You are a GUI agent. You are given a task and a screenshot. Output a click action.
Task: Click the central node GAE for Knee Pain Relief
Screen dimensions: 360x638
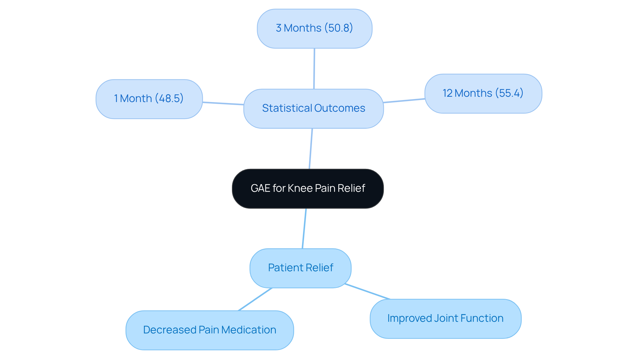click(x=308, y=188)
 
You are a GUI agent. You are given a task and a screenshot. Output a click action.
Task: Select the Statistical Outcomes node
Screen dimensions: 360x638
click(x=313, y=108)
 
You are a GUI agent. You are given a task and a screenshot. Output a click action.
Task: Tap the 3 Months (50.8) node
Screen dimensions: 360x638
click(x=314, y=28)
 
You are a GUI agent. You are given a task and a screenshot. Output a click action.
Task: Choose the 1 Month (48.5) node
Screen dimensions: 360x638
click(x=149, y=99)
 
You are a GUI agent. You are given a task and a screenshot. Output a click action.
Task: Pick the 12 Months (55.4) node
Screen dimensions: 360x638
click(x=483, y=93)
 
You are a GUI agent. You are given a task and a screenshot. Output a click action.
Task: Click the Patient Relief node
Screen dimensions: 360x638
click(x=300, y=268)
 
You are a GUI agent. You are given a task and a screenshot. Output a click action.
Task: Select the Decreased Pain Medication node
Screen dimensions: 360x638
click(x=209, y=330)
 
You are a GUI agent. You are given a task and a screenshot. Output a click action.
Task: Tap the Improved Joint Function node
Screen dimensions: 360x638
click(x=445, y=318)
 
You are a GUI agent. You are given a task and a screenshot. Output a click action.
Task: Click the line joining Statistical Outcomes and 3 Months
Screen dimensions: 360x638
click(x=314, y=68)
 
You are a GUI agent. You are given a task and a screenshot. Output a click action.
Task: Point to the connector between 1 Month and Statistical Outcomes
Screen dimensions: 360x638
click(x=223, y=103)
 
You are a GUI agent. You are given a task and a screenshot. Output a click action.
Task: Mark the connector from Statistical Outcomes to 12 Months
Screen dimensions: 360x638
click(x=404, y=100)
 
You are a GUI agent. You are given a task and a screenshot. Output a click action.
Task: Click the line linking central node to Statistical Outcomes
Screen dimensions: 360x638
click(x=311, y=149)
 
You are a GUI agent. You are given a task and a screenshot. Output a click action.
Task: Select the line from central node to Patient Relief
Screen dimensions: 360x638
click(x=304, y=228)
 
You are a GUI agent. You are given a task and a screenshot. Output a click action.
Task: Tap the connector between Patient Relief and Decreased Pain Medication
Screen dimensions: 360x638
click(x=255, y=299)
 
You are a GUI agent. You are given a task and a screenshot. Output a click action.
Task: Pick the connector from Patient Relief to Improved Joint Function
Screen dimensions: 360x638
click(x=367, y=292)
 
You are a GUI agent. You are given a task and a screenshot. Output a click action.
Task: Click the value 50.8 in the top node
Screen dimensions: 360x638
click(x=339, y=28)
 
